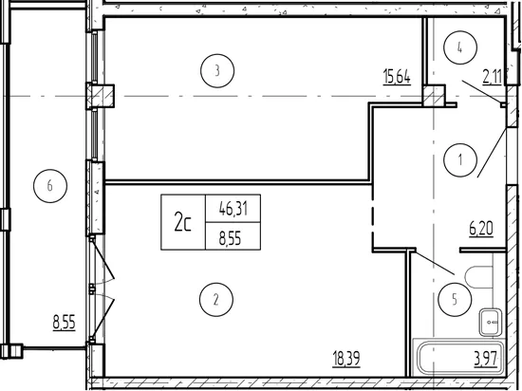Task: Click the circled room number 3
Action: click(x=217, y=71)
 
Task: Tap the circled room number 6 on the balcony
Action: click(x=50, y=186)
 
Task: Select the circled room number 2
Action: click(x=216, y=300)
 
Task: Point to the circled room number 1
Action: click(x=460, y=160)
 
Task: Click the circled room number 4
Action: click(x=460, y=47)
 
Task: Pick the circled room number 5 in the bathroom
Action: click(x=455, y=300)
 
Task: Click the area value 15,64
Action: click(x=397, y=77)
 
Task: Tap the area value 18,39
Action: click(x=346, y=359)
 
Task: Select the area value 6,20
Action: click(x=481, y=229)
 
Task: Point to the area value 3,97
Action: click(x=486, y=359)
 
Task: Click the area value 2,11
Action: click(x=492, y=77)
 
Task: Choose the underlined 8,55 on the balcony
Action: click(x=65, y=322)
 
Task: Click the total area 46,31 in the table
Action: click(x=233, y=209)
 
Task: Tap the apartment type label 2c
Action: click(x=183, y=222)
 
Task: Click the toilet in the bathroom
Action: click(x=478, y=277)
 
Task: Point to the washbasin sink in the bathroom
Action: click(x=491, y=322)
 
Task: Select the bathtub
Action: click(x=459, y=358)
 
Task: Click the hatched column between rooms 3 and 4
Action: click(x=434, y=96)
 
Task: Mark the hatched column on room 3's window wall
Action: click(x=101, y=96)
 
